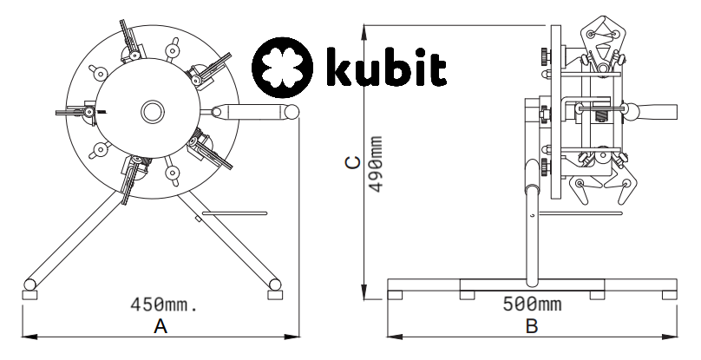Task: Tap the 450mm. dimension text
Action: pyautogui.click(x=164, y=304)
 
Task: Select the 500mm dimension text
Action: pyautogui.click(x=531, y=304)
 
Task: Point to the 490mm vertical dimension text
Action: pyautogui.click(x=375, y=165)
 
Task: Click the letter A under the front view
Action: pyautogui.click(x=160, y=326)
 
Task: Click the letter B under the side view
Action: pyautogui.click(x=532, y=326)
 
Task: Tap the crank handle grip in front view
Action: pyautogui.click(x=252, y=111)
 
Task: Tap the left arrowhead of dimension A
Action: pyautogui.click(x=23, y=336)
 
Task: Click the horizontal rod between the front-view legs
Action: pyautogui.click(x=234, y=210)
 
